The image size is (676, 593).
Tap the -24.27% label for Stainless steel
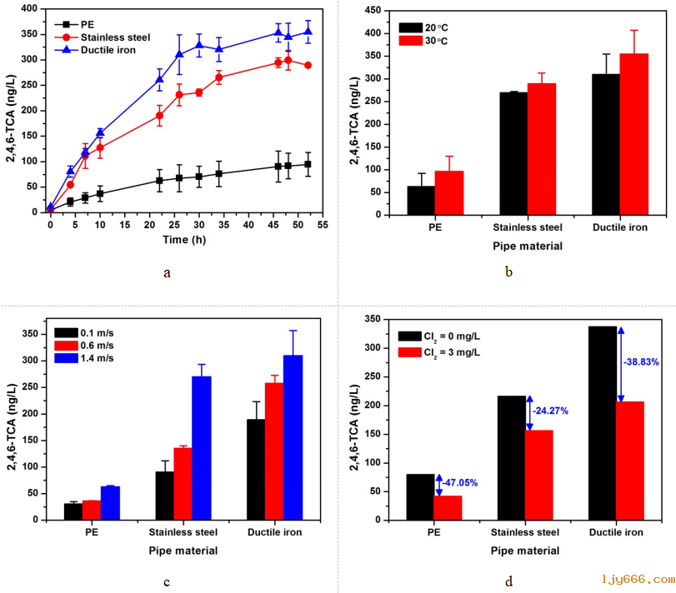point(554,411)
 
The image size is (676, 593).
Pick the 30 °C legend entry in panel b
point(435,40)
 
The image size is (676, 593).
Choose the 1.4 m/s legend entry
point(94,358)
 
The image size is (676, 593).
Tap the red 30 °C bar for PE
point(448,192)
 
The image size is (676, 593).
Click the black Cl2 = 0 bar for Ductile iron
point(602,423)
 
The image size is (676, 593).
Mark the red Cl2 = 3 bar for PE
point(448,507)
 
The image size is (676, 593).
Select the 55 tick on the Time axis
point(321,224)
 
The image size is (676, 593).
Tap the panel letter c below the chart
point(167,581)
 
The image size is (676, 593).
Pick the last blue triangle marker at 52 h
point(308,32)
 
